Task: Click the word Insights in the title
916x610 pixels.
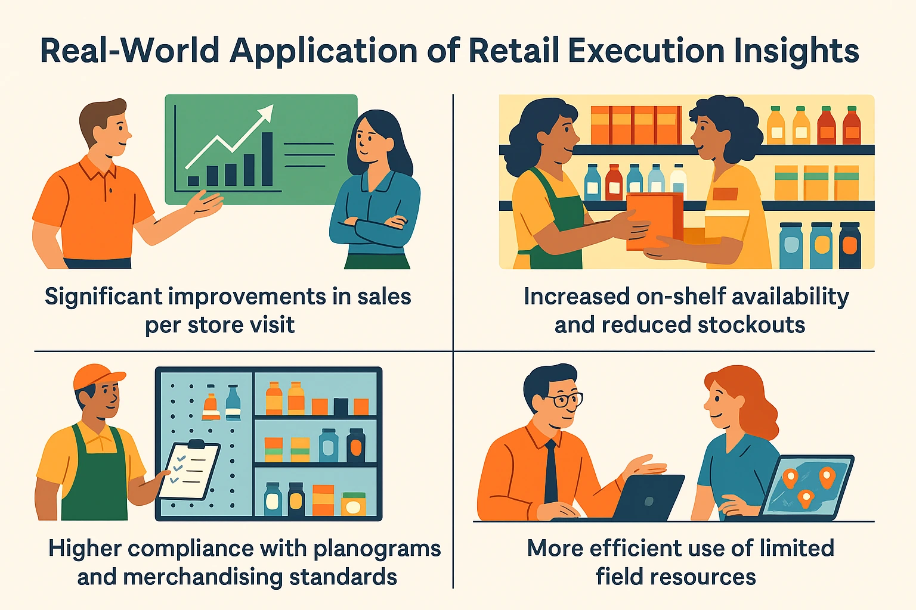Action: click(796, 52)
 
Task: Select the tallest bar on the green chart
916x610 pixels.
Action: click(267, 159)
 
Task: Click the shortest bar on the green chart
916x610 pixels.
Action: click(193, 181)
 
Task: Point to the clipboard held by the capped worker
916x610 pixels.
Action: click(189, 470)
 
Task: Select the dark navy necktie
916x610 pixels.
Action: click(550, 471)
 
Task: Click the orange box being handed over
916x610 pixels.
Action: click(655, 221)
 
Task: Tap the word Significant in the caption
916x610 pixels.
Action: click(103, 297)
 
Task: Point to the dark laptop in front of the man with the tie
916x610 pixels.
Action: click(648, 497)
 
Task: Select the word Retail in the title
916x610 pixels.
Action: click(513, 51)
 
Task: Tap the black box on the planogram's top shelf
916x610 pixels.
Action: click(341, 406)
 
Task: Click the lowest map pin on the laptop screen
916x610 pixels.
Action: click(805, 499)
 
